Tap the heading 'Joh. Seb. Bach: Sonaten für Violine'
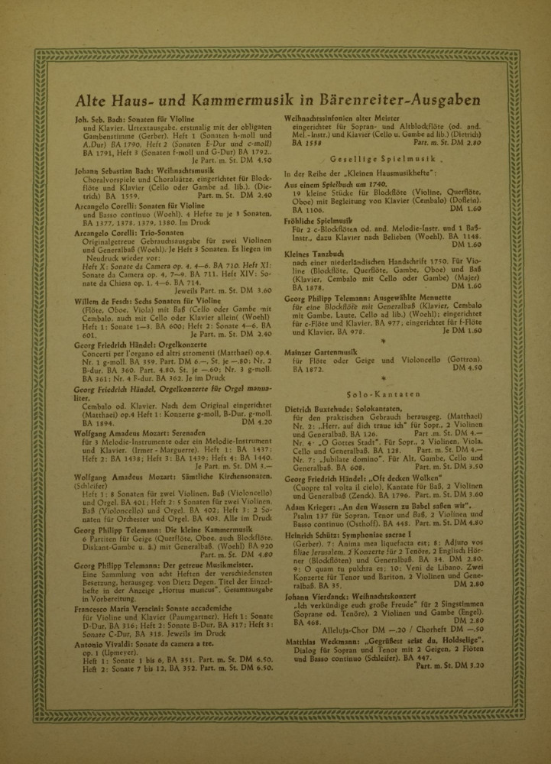click(x=138, y=119)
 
